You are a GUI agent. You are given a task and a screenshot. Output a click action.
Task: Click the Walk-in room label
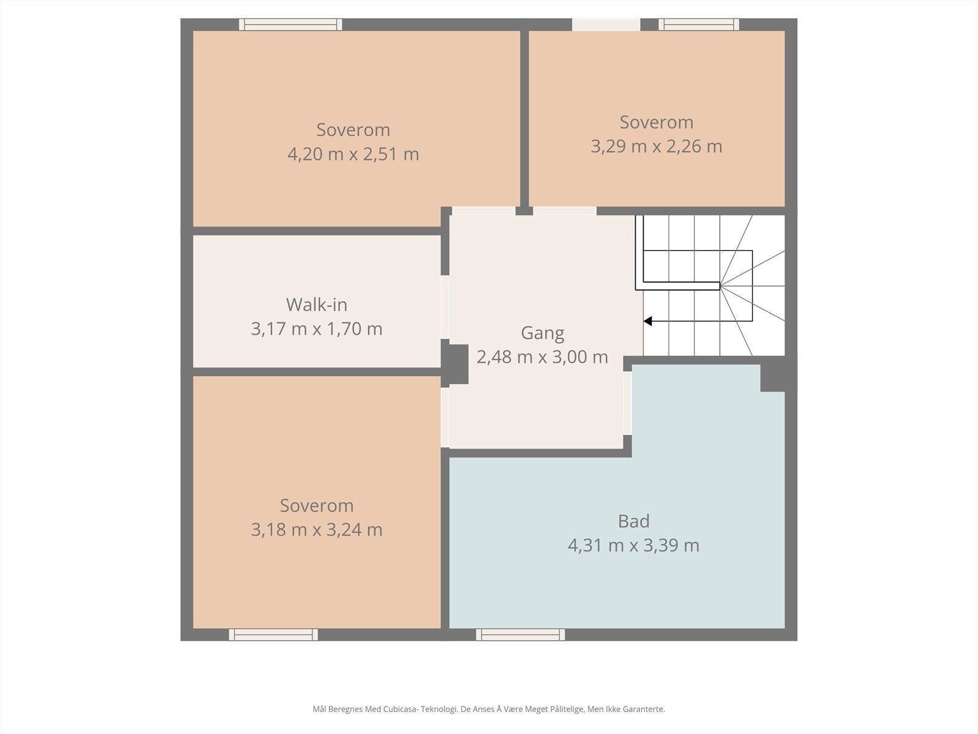[317, 305]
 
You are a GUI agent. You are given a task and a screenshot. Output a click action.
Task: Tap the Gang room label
[542, 333]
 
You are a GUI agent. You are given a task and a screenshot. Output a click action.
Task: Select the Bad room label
[634, 521]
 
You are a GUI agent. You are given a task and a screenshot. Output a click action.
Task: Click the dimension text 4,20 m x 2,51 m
[353, 154]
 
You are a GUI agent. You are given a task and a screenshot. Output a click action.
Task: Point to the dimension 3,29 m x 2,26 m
[656, 146]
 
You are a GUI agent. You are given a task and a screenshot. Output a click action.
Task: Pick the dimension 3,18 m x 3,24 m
[317, 530]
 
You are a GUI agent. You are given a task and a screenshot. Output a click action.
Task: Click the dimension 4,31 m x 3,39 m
[633, 546]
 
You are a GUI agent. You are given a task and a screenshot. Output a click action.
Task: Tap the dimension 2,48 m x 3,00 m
[542, 357]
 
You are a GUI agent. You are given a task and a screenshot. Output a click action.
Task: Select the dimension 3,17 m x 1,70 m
[317, 329]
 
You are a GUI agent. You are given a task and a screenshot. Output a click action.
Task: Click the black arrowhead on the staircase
[648, 321]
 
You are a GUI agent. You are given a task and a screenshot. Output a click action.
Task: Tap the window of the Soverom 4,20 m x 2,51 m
[290, 24]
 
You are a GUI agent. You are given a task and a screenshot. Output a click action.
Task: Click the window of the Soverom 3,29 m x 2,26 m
[699, 24]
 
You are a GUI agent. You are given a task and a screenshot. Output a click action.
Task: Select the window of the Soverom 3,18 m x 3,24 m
[274, 635]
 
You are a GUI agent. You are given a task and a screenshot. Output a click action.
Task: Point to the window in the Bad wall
[520, 635]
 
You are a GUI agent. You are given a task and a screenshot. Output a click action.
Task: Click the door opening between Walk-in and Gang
[444, 307]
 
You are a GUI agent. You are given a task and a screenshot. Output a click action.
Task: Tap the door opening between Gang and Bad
[627, 403]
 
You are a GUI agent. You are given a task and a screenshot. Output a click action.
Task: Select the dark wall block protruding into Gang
[455, 364]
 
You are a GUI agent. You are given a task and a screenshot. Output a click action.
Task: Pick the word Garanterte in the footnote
[645, 709]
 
